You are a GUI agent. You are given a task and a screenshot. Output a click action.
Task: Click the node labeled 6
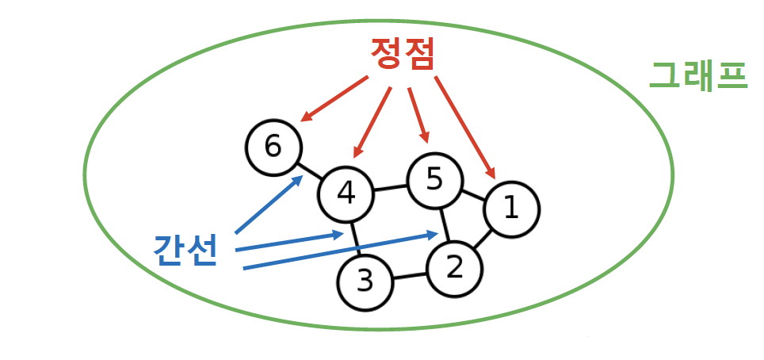273,147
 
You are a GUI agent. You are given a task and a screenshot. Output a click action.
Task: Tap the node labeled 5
434,181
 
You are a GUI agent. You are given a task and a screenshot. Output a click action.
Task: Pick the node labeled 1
511,209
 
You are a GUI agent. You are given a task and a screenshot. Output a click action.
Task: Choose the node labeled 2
455,268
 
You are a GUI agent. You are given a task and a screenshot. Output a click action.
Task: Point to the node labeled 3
365,282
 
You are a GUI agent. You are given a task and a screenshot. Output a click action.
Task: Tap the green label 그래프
697,75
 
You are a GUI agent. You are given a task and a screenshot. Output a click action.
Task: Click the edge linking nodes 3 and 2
410,276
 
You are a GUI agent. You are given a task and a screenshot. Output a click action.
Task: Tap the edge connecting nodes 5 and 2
445,224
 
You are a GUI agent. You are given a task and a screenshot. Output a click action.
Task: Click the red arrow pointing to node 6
334,100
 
